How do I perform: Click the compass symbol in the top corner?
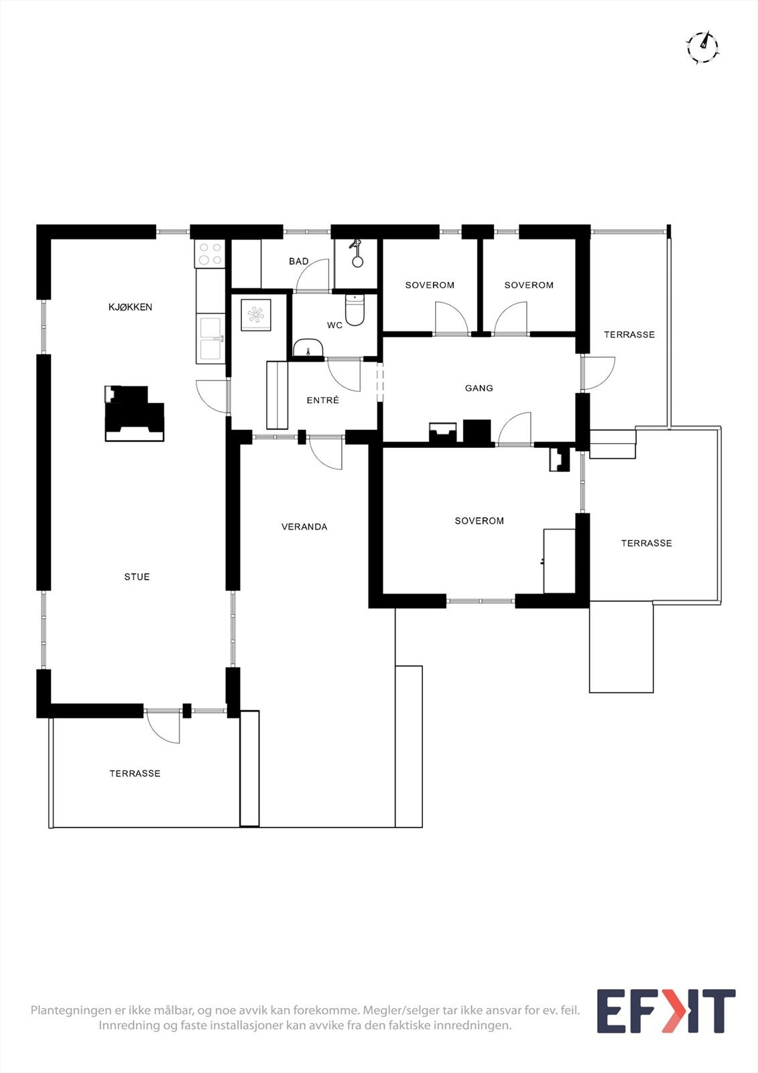702,46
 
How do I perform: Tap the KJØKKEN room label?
130,307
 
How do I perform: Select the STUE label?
137,577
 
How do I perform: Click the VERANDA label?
304,527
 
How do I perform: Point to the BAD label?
299,262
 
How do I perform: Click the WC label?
334,325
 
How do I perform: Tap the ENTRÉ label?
322,400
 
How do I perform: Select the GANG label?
479,388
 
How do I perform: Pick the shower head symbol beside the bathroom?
357,253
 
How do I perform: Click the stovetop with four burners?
210,253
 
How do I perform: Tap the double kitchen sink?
210,339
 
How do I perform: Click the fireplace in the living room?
135,413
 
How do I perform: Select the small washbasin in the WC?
309,348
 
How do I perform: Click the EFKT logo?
666,1011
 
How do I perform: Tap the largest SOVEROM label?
479,521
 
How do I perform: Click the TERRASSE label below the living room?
135,774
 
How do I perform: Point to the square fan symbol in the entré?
255,315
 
